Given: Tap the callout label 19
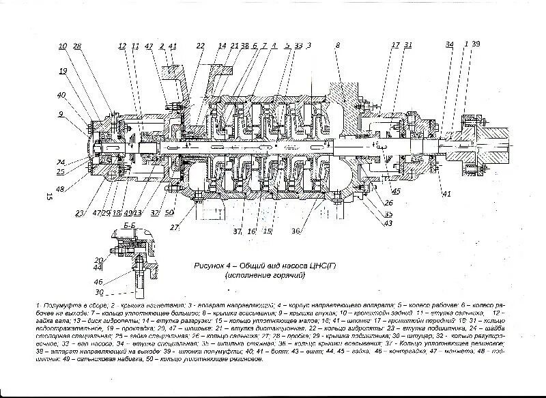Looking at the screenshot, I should (x=63, y=70).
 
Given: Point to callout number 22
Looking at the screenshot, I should (x=200, y=46).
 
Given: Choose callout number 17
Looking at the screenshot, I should (x=395, y=45).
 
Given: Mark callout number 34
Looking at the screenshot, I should (x=449, y=45).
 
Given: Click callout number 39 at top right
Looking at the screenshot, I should (x=475, y=44).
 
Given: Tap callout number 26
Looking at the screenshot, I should (x=389, y=202).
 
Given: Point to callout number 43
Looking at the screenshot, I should (x=389, y=223).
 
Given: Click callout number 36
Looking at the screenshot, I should (x=296, y=231).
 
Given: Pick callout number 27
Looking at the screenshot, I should (x=175, y=227).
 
